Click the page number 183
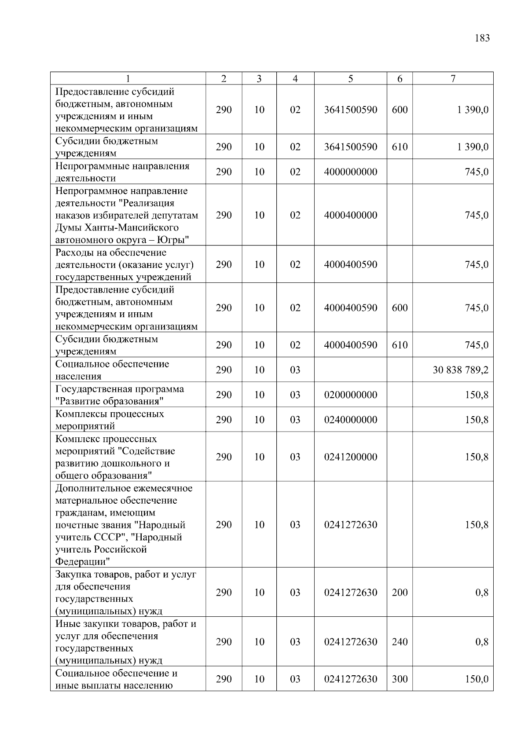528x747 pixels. click(482, 38)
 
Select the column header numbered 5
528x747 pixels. click(350, 79)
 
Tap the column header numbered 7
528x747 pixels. click(453, 79)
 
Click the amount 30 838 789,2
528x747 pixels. click(460, 370)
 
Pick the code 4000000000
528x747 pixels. click(350, 172)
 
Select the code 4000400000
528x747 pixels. click(350, 215)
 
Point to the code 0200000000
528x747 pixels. click(350, 395)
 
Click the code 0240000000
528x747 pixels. click(350, 420)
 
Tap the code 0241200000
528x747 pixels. click(350, 457)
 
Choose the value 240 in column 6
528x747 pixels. click(400, 642)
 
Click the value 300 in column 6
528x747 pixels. click(400, 679)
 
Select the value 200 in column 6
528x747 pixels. click(400, 593)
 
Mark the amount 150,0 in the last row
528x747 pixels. click(477, 679)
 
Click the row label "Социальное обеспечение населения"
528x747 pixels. click(112, 370)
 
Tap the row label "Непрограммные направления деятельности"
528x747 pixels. click(122, 172)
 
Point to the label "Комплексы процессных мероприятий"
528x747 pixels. click(109, 420)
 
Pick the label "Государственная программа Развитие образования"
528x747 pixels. click(119, 395)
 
